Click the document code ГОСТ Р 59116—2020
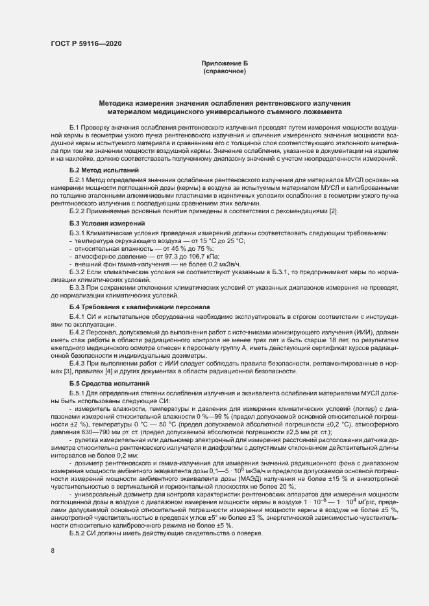tap(86, 44)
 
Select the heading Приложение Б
tap(225, 63)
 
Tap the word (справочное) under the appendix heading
tap(225, 71)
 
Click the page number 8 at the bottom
tap(53, 551)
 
